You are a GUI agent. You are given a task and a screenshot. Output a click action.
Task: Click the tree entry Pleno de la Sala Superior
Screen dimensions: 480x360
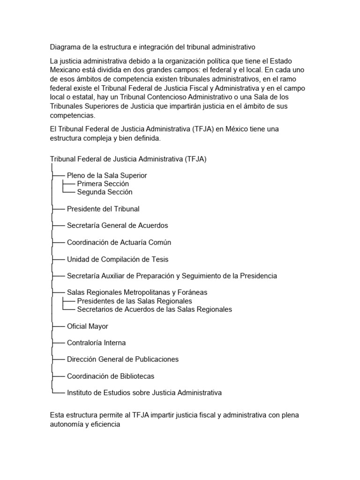[x=107, y=175]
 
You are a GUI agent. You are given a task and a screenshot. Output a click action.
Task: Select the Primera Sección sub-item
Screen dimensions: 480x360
[x=103, y=184]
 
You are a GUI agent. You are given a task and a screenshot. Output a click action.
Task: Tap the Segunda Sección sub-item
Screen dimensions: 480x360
[x=105, y=192]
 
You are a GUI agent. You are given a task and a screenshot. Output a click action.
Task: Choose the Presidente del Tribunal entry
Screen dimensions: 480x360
[x=103, y=209]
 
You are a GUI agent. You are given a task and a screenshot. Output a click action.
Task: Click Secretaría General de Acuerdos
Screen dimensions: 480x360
[x=117, y=225]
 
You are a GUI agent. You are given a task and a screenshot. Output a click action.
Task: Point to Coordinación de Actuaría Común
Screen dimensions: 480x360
[x=119, y=242]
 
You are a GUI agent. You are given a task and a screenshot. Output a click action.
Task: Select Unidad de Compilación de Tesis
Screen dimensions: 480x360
[x=118, y=259]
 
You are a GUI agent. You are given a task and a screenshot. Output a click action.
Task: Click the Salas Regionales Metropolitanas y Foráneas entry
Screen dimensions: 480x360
[x=137, y=292]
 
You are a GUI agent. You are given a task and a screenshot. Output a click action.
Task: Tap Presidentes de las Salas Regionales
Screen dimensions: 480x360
[x=135, y=301]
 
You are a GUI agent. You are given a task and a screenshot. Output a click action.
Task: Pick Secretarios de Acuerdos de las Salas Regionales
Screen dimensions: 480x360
[x=154, y=309]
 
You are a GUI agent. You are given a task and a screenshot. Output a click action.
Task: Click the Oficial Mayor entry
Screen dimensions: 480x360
[x=88, y=326]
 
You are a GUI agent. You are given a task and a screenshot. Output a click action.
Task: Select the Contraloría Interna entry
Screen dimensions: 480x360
[x=96, y=343]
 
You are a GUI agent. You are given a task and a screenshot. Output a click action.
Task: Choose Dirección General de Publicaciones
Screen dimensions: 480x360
[x=123, y=360]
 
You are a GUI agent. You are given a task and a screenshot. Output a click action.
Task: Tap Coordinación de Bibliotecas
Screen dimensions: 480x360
[x=111, y=376]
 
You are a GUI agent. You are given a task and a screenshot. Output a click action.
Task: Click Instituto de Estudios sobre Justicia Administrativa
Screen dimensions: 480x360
[x=144, y=393]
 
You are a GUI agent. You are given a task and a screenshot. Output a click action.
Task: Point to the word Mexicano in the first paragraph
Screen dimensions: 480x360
[x=65, y=70]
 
